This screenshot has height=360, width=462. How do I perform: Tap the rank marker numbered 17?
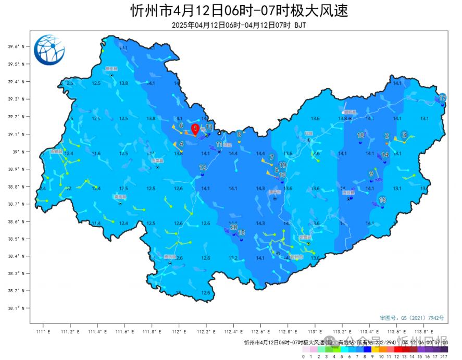tap(442, 98)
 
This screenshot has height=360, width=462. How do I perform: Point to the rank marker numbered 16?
tap(382, 200)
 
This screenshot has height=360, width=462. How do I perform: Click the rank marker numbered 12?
tap(203, 167)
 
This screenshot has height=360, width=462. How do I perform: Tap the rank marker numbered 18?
tap(360, 135)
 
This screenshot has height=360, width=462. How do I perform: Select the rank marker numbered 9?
tap(371, 174)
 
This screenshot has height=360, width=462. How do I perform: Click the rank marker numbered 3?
tap(404, 135)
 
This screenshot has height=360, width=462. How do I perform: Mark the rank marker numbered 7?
tap(271, 157)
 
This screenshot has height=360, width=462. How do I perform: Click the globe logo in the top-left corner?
tap(49, 49)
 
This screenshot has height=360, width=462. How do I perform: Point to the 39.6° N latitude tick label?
tap(16, 47)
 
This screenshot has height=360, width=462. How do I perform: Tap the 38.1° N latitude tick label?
tap(16, 308)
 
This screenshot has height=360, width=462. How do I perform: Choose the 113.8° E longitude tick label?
tap(422, 331)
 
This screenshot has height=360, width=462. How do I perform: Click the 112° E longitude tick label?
tap(178, 331)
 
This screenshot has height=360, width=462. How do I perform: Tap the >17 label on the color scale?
tap(443, 356)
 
